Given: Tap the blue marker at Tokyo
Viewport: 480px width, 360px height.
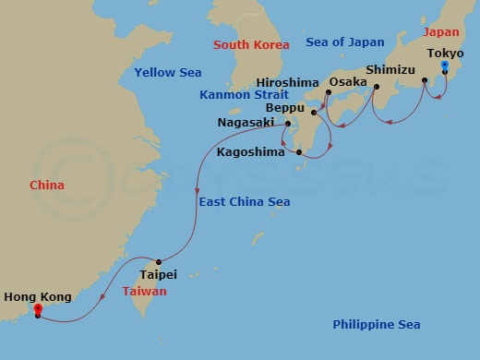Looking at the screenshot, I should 445,66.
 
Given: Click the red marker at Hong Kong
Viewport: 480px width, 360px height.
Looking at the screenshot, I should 38,310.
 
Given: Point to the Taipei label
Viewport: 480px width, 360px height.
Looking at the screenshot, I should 157,274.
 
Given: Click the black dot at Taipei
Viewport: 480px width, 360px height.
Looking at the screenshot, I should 159,261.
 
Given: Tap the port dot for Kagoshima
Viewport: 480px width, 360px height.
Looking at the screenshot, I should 299,152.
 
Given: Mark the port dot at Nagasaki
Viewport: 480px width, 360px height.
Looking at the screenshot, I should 288,123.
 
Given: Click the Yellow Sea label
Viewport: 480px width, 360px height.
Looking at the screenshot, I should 167,72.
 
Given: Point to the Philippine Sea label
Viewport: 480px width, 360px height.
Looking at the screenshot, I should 376,324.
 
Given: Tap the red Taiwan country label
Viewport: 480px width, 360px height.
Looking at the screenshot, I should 145,291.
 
